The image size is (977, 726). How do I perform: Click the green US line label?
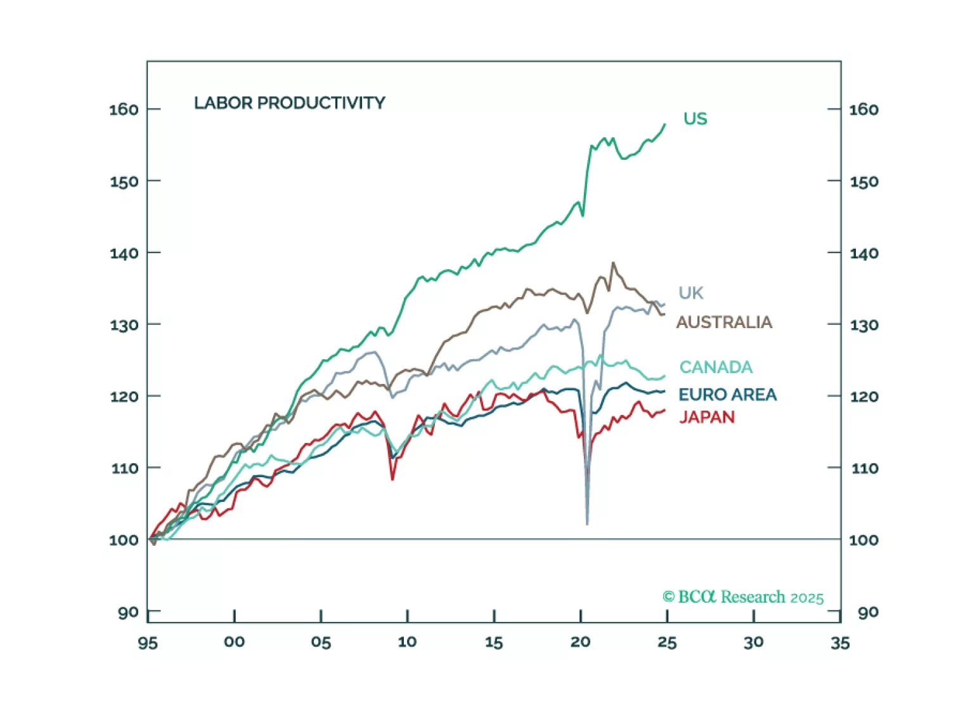pos(695,119)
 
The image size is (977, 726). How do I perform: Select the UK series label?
pos(690,293)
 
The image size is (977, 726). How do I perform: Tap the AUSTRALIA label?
pos(724,322)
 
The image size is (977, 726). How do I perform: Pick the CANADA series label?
pos(716,367)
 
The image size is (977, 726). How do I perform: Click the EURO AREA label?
pos(727,395)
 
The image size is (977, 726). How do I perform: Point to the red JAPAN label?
pos(707,417)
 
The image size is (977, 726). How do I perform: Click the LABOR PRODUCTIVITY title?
pos(289,103)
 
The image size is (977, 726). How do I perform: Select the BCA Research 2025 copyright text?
pos(743,597)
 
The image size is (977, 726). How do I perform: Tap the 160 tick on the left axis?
pos(124,109)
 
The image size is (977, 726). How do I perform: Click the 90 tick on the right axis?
pos(868,612)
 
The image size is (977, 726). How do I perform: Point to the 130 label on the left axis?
pos(124,325)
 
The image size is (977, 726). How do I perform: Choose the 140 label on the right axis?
pos(864,253)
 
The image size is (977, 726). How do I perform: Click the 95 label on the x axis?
pos(148,643)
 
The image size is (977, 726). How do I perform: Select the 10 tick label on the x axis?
pos(407,642)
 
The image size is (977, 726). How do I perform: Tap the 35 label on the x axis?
pos(840,643)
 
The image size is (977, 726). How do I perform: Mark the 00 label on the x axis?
pos(234,642)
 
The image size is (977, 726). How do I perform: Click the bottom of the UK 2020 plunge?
pos(587,524)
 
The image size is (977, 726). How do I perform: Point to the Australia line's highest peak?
pos(613,263)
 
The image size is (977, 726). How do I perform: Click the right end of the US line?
pos(665,124)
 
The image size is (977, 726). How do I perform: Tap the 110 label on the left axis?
pos(124,468)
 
